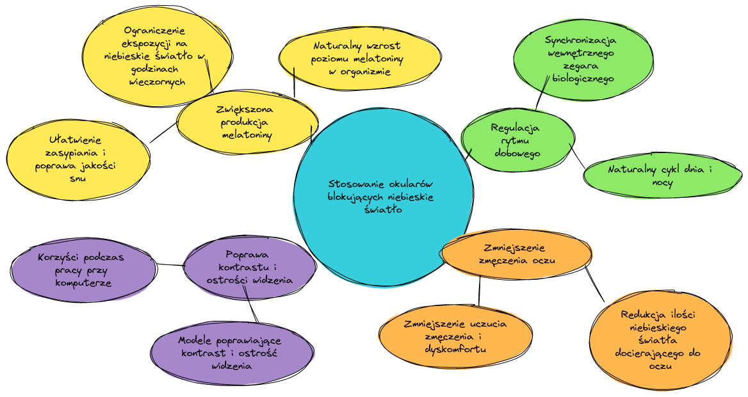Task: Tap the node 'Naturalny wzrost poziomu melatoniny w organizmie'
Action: pos(359,59)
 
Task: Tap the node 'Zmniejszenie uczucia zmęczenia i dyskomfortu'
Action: pos(455,336)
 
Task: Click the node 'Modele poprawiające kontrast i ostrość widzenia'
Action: pos(230,353)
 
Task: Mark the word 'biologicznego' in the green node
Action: pos(582,79)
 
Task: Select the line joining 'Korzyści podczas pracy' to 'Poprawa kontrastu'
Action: pos(170,264)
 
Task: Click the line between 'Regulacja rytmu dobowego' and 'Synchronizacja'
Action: pos(542,93)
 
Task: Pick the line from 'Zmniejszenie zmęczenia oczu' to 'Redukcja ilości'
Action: pos(596,284)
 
